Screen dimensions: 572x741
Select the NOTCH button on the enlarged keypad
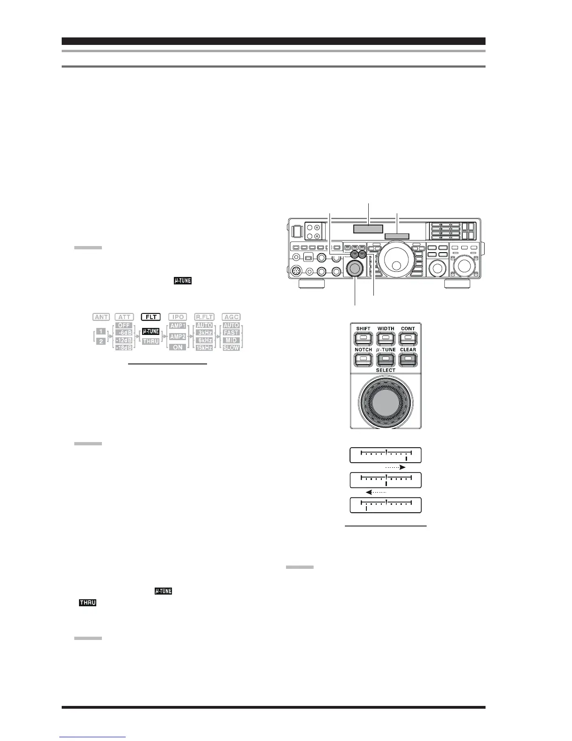(x=364, y=359)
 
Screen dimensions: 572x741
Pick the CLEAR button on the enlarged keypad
(x=408, y=359)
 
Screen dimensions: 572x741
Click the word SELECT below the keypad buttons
(x=386, y=370)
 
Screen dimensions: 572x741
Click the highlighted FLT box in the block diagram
(x=151, y=317)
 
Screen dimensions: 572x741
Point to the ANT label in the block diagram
(x=101, y=317)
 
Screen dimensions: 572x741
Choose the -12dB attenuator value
(x=124, y=340)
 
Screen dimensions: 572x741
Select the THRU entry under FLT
(x=151, y=341)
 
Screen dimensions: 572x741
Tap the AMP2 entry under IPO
(x=178, y=336)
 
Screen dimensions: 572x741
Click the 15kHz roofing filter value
(x=204, y=348)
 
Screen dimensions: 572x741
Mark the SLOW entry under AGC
(x=231, y=348)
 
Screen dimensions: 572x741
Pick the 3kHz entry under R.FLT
(x=204, y=333)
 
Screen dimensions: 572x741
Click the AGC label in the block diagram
(x=231, y=317)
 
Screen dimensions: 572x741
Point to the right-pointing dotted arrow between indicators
(x=394, y=467)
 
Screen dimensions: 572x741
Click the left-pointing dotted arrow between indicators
(x=377, y=492)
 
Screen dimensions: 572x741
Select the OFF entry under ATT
(x=124, y=325)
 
